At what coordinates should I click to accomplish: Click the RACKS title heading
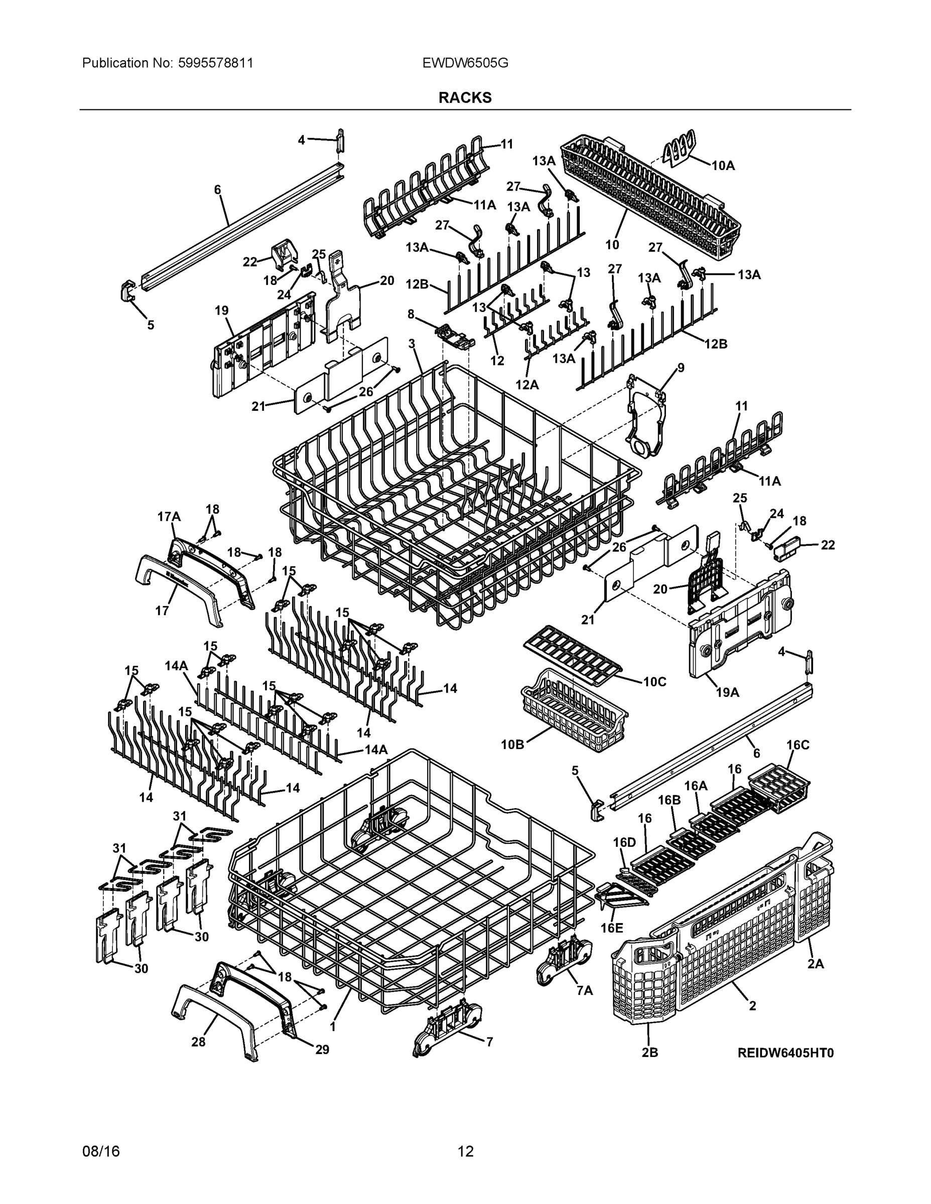pyautogui.click(x=464, y=98)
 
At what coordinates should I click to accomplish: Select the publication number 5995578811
pyautogui.click(x=216, y=63)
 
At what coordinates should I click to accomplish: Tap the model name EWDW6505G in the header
pyautogui.click(x=465, y=63)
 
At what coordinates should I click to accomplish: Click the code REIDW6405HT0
pyautogui.click(x=785, y=1053)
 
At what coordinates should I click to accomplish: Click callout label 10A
pyautogui.click(x=723, y=166)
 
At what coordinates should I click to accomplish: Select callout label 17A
pyautogui.click(x=169, y=517)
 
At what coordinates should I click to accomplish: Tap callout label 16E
pyautogui.click(x=612, y=928)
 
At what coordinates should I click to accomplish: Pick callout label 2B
pyautogui.click(x=650, y=1053)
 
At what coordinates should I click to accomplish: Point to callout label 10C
pyautogui.click(x=654, y=682)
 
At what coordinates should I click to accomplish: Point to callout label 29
pyautogui.click(x=322, y=1049)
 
